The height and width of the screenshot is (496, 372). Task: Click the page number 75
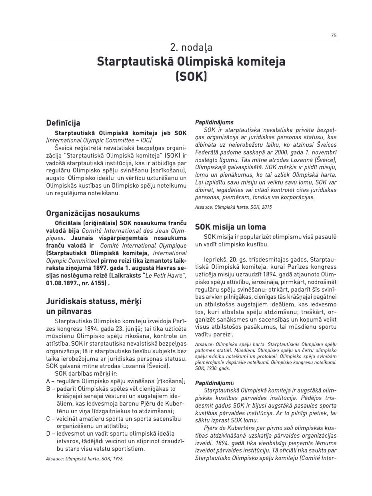334,36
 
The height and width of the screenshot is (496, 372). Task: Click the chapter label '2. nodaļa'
191,48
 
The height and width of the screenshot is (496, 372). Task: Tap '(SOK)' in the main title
191,76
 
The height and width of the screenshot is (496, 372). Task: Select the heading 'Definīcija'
63,123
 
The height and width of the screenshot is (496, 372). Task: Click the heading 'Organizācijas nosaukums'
93,213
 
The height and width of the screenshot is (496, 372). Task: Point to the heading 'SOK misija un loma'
230,227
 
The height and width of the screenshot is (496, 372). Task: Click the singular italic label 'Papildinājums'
214,122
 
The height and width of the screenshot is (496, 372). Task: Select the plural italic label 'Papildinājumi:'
214,383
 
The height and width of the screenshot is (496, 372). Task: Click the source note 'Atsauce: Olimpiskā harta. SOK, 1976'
84,459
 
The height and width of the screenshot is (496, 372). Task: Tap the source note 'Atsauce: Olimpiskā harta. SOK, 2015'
233,207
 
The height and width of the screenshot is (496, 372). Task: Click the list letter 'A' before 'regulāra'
48,381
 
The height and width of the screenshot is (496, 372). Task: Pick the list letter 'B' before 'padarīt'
48,388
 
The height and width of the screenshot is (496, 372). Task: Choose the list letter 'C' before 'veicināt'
48,419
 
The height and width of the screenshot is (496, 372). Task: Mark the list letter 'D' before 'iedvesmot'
48,434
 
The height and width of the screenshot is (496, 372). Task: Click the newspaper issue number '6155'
98,283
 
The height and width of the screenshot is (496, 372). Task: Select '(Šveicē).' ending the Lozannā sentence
159,366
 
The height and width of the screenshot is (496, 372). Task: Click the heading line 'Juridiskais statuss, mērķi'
94,301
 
